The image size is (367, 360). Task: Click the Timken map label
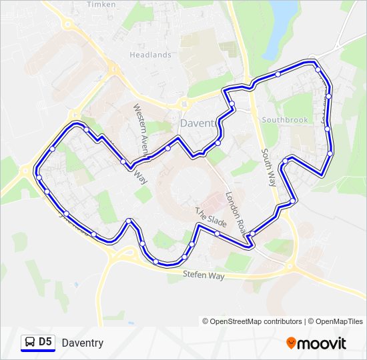(x=97, y=4)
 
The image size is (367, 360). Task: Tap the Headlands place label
(x=150, y=55)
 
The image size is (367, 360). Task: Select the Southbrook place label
(x=285, y=120)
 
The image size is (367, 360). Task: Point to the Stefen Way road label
(x=204, y=275)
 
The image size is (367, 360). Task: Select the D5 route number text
(x=45, y=343)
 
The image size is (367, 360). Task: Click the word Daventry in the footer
(x=82, y=343)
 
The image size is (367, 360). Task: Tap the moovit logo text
(x=322, y=343)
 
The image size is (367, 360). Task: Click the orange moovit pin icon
(x=292, y=343)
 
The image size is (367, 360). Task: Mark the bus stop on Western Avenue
(x=123, y=161)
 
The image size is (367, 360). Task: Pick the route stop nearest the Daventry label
(x=218, y=143)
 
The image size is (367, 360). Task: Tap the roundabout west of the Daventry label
(x=183, y=104)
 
